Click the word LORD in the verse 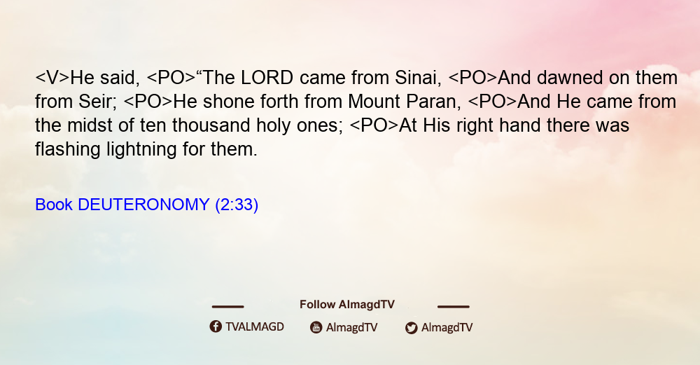(267, 78)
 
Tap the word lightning (141, 149)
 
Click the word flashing (68, 149)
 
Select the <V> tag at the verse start (52, 78)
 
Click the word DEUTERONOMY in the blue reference (143, 205)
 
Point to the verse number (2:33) (237, 205)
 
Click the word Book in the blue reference (54, 205)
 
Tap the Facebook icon (216, 326)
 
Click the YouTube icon (316, 327)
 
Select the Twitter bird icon (411, 327)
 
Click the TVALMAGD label (255, 326)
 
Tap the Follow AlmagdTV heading (347, 304)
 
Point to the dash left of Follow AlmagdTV (227, 306)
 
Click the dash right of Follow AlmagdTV (453, 306)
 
